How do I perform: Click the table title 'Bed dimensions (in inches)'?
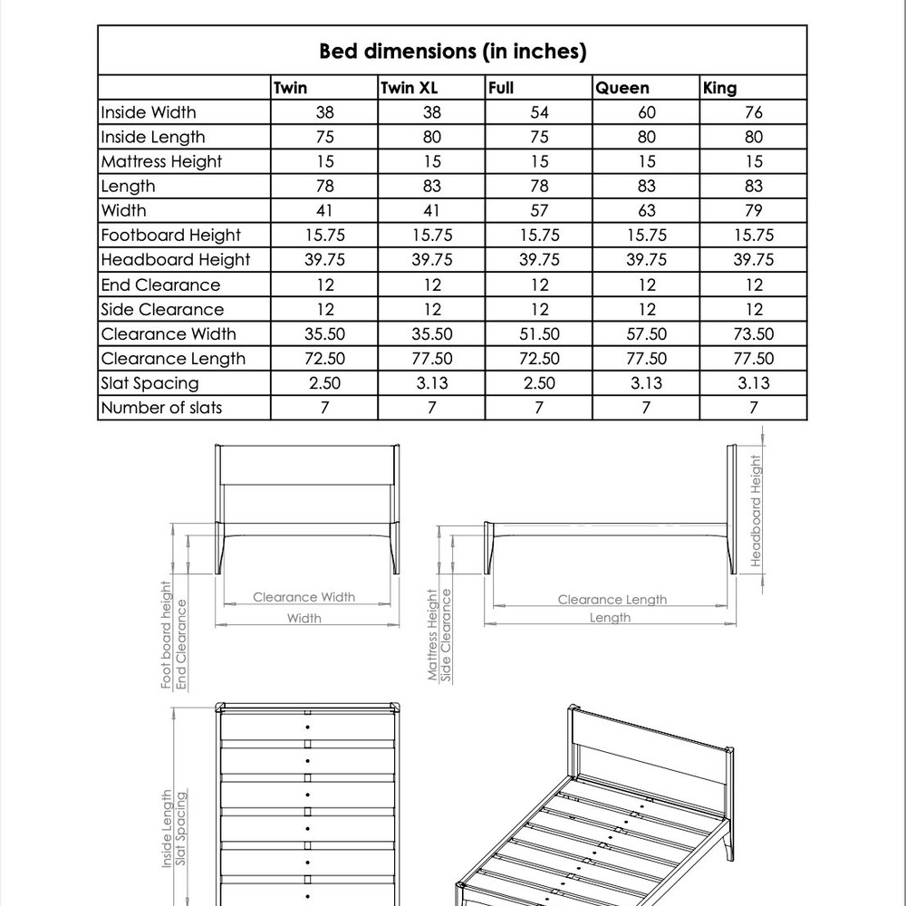coord(452,51)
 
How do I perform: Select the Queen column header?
coord(622,88)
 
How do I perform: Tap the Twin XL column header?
coord(409,88)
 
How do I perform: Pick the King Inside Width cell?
coord(753,112)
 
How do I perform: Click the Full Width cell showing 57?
coord(539,210)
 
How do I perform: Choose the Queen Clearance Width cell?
coord(646,333)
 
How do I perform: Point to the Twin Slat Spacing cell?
coord(324,382)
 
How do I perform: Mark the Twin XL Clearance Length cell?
coord(432,358)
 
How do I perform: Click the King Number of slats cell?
coord(753,407)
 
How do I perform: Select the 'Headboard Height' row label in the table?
coord(175,260)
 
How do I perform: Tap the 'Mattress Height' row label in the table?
coord(161,161)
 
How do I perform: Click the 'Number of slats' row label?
coord(161,407)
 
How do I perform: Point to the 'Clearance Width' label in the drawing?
coord(304,597)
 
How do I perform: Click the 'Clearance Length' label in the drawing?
coord(612,599)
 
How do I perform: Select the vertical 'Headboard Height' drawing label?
coord(757,510)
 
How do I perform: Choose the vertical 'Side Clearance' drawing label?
coord(447,634)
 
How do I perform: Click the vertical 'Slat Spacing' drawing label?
coord(181,829)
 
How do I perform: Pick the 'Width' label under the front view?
coord(304,619)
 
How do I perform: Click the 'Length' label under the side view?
coord(610,618)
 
